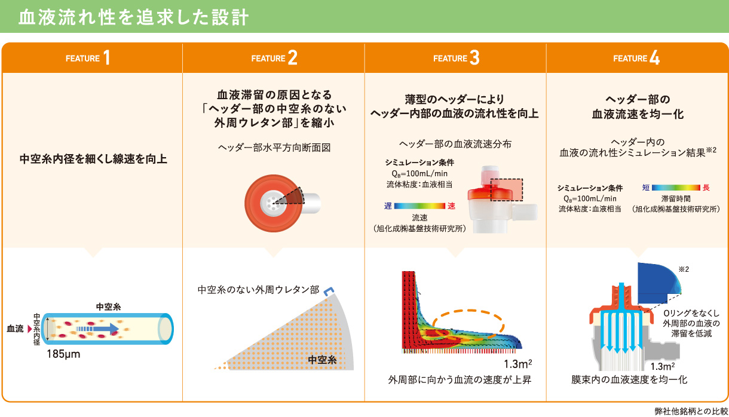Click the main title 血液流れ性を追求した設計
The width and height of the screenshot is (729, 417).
133,17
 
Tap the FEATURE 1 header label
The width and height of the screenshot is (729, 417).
88,58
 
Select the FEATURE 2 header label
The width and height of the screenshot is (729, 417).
274,58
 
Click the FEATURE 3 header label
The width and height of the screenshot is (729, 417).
457,58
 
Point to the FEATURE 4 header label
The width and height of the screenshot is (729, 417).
636,58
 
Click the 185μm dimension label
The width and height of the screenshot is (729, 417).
63,354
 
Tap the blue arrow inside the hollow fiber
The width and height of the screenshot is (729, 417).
97,329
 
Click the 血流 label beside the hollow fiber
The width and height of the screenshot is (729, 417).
15,329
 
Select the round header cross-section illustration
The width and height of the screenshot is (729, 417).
274,203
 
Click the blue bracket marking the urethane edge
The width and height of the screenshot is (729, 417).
329,291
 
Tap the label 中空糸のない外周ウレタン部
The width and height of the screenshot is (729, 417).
258,290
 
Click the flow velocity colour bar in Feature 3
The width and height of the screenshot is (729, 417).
419,206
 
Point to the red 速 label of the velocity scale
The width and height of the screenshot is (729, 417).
451,206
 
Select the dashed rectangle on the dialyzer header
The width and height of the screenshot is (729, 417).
506,189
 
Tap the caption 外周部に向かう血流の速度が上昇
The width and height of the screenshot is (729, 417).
460,379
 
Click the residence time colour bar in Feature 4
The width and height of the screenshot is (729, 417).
676,188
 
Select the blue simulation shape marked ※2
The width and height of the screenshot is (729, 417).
659,283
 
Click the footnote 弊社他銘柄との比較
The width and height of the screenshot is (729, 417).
691,411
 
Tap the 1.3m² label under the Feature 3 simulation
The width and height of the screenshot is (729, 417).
518,364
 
